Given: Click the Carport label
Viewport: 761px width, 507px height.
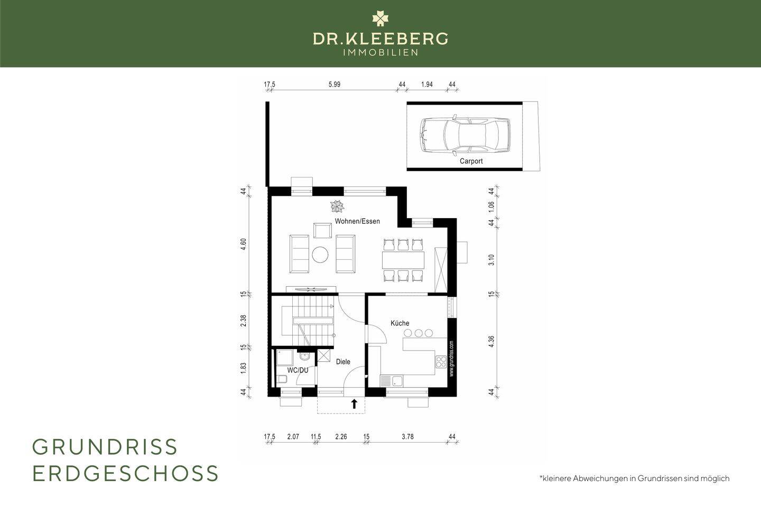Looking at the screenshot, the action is pyautogui.click(x=471, y=161).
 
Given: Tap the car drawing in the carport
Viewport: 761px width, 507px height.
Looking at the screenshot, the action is pyautogui.click(x=465, y=135).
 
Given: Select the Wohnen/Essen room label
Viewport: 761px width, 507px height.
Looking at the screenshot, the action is pyautogui.click(x=357, y=221).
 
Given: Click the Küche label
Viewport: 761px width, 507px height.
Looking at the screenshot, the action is pyautogui.click(x=400, y=323).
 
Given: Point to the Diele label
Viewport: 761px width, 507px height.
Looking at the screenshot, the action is pyautogui.click(x=343, y=362).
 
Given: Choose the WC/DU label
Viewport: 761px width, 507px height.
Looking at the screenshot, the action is pyautogui.click(x=298, y=370).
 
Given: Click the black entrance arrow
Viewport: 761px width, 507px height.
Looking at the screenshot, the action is pyautogui.click(x=354, y=403).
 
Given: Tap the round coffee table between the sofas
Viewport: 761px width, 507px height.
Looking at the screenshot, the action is pyautogui.click(x=320, y=255).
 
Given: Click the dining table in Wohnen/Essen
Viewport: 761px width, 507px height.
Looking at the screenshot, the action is pyautogui.click(x=403, y=260).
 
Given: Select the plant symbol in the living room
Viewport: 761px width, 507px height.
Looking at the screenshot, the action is pyautogui.click(x=337, y=206).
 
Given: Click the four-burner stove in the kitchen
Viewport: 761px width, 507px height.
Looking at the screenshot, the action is pyautogui.click(x=441, y=361).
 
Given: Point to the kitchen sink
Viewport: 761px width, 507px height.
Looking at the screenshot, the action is pyautogui.click(x=392, y=381).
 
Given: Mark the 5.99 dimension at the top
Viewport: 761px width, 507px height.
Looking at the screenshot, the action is pyautogui.click(x=335, y=84).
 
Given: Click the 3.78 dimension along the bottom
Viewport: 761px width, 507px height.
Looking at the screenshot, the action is pyautogui.click(x=407, y=436).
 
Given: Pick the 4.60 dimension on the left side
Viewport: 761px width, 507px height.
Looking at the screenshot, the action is pyautogui.click(x=243, y=245).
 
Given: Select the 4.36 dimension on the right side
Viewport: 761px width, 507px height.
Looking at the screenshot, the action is pyautogui.click(x=491, y=342).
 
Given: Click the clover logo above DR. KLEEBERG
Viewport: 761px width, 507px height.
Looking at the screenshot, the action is pyautogui.click(x=380, y=18).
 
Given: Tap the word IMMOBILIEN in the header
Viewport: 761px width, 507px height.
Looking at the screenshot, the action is pyautogui.click(x=380, y=53).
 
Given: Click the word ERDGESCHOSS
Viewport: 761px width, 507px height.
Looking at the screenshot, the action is pyautogui.click(x=125, y=473).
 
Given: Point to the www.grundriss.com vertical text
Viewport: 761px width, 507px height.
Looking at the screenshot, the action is pyautogui.click(x=451, y=359).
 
